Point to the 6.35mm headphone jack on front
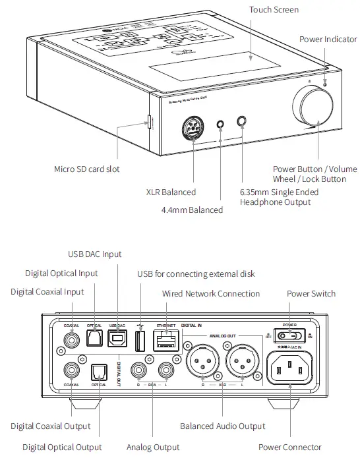click(x=242, y=121)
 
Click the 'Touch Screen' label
click(x=274, y=10)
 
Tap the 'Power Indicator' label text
click(x=328, y=40)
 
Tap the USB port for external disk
click(x=140, y=341)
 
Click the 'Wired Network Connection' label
click(x=211, y=294)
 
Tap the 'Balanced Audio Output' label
click(x=223, y=426)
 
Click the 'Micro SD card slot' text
click(x=87, y=169)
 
